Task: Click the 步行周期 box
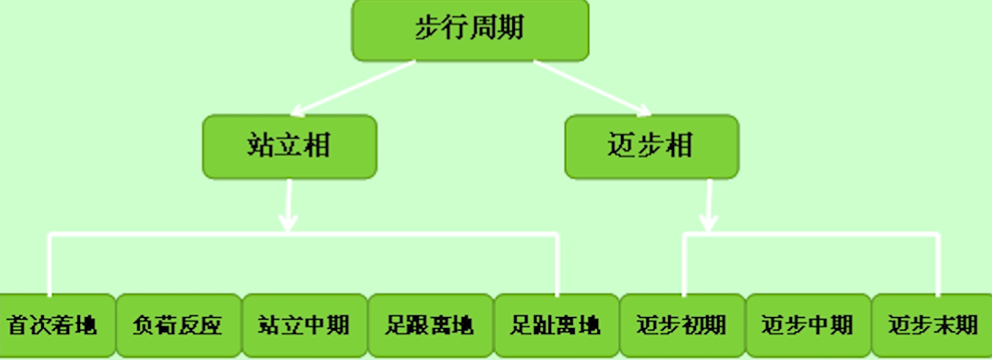click(x=469, y=30)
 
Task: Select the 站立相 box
click(x=289, y=147)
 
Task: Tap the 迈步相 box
click(x=650, y=146)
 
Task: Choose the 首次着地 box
click(x=52, y=326)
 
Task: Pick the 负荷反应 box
click(x=178, y=326)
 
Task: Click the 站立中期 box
click(x=303, y=326)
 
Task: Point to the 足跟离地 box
click(x=429, y=326)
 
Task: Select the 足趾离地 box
click(x=555, y=326)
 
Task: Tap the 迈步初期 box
click(x=682, y=326)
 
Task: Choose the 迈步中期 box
click(x=808, y=326)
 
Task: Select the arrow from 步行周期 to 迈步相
click(x=593, y=87)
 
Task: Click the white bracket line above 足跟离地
click(x=429, y=236)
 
